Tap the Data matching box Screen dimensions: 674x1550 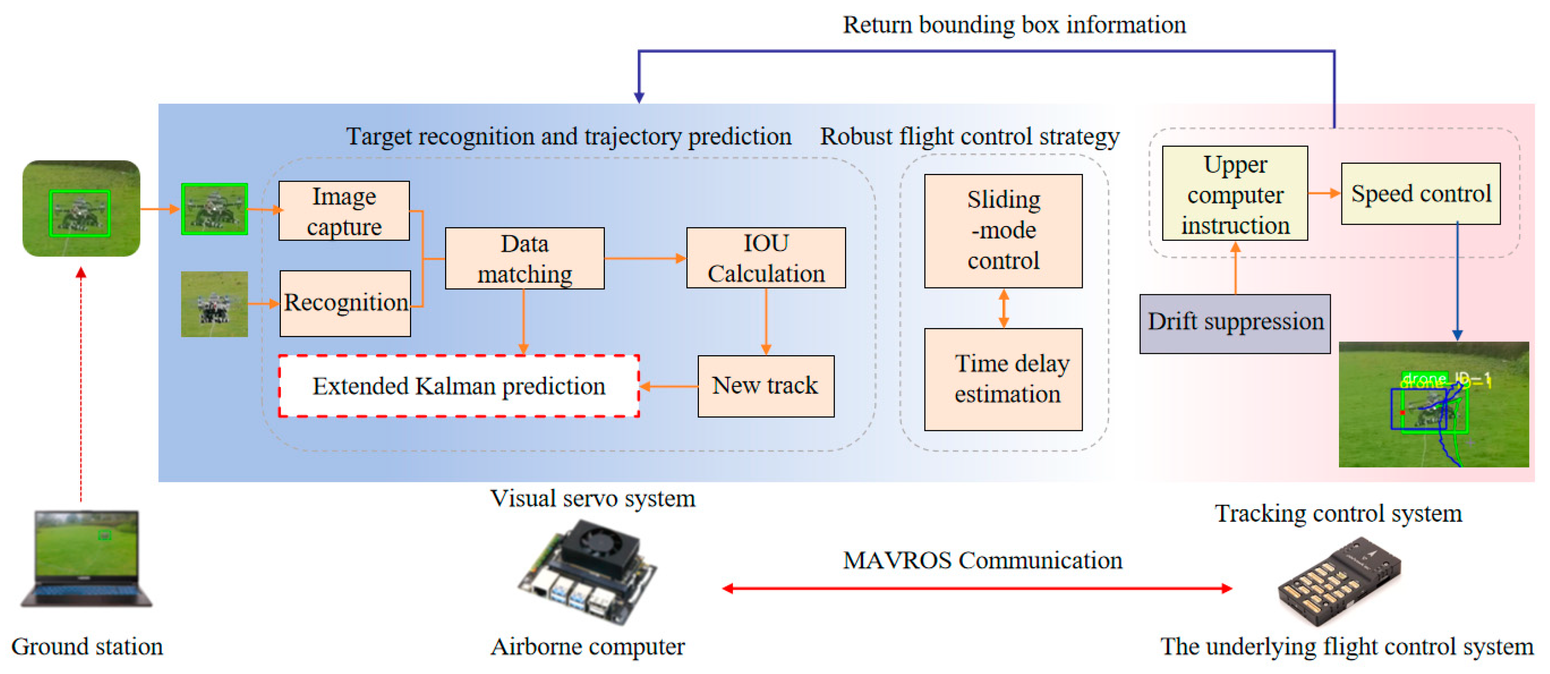coord(524,258)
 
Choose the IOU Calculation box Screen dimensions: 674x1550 coord(766,257)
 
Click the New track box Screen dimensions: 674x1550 coord(766,386)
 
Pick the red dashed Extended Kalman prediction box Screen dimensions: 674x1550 coord(458,386)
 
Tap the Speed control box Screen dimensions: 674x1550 coord(1420,193)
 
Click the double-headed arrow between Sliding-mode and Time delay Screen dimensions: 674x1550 coord(1003,308)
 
